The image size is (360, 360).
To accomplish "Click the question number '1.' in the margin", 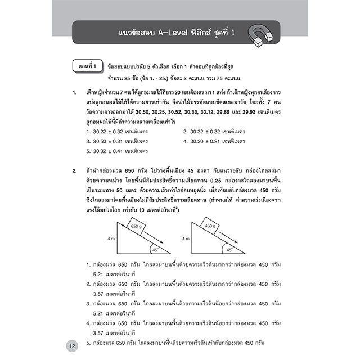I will [x=74, y=91].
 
